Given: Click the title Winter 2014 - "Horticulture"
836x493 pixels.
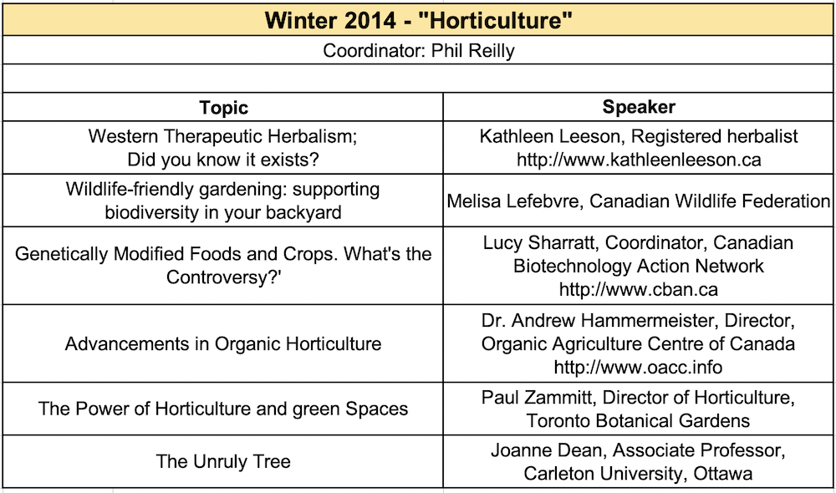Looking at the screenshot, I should [x=418, y=19].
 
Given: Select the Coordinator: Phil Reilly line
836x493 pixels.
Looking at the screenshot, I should [x=418, y=51].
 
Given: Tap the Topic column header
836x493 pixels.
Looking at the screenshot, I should [x=223, y=108].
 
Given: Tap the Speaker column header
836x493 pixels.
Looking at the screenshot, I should [x=638, y=107].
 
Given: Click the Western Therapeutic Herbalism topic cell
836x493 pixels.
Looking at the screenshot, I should [x=223, y=147].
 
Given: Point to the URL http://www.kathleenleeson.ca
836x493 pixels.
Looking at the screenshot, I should [x=639, y=159].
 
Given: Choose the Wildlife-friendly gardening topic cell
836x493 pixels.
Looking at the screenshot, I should [x=223, y=201].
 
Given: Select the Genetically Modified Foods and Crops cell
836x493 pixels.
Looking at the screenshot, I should [x=223, y=265].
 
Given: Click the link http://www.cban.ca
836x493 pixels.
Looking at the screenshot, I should [x=639, y=290].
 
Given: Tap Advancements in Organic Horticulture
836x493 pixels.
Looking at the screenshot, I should [x=223, y=343].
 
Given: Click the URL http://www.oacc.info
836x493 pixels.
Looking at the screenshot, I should [x=639, y=367].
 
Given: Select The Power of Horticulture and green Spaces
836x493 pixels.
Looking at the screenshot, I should [x=223, y=409].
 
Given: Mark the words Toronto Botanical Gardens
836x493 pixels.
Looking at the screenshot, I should [x=639, y=420].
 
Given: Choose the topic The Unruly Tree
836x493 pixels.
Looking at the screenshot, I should [x=223, y=461].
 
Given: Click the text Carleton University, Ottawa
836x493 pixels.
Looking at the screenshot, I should [x=639, y=473].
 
